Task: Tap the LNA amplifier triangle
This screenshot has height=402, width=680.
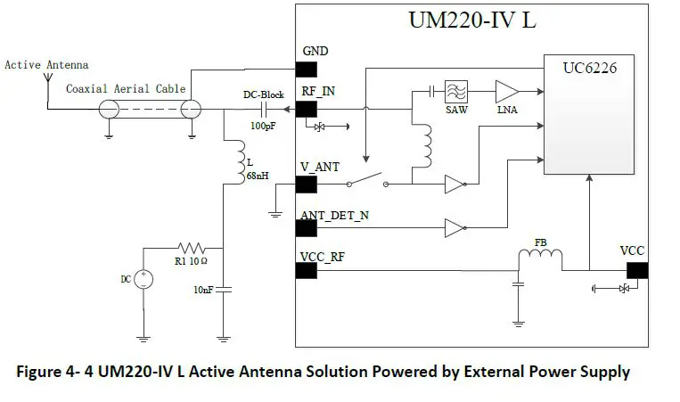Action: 505,91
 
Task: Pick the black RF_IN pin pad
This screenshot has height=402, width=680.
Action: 306,109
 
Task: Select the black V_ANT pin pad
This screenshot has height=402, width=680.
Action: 306,185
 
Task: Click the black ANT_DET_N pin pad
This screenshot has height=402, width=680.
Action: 306,228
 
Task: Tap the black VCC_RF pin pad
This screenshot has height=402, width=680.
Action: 306,268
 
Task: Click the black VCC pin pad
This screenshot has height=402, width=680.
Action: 636,269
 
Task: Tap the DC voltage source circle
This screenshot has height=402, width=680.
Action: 143,280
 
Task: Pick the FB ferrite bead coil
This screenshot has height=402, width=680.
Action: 540,258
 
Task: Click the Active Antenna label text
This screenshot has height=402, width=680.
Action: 46,65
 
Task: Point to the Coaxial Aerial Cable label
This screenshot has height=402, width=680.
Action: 126,88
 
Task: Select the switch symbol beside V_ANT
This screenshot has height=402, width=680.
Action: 367,183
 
